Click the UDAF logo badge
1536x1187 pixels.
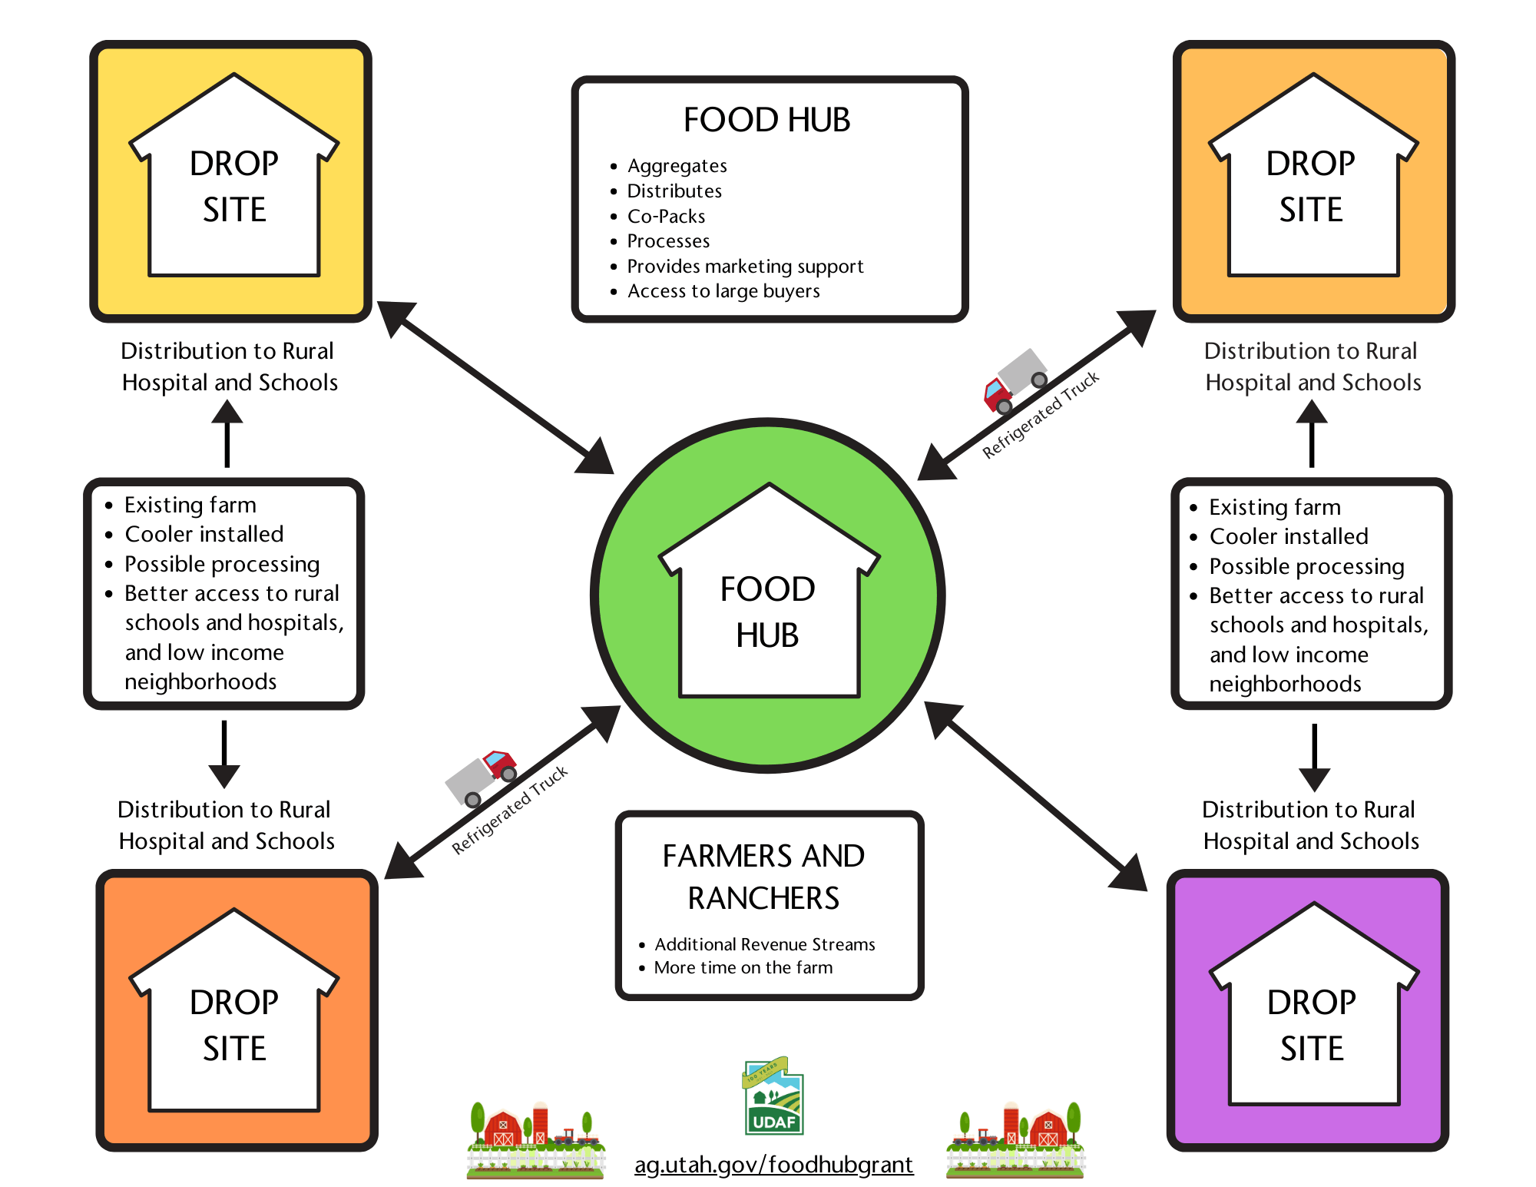(x=773, y=1099)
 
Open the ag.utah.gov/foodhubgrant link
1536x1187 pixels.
(x=773, y=1165)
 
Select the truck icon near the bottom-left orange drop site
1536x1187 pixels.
(x=482, y=778)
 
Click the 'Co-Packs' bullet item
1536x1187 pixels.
(x=666, y=217)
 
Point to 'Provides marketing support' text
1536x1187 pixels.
(x=745, y=267)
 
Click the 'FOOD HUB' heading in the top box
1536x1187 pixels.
(x=766, y=121)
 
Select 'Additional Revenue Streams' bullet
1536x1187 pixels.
(x=764, y=944)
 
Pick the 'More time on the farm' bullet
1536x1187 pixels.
(x=743, y=968)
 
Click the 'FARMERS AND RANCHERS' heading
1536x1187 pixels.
(x=763, y=877)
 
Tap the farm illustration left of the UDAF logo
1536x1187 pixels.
(x=535, y=1141)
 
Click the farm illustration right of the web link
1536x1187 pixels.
(x=1015, y=1141)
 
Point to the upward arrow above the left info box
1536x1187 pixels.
(x=227, y=434)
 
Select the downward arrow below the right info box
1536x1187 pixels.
(x=1314, y=757)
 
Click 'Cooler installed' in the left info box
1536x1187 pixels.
(x=204, y=534)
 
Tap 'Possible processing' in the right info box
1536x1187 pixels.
(x=1306, y=566)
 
